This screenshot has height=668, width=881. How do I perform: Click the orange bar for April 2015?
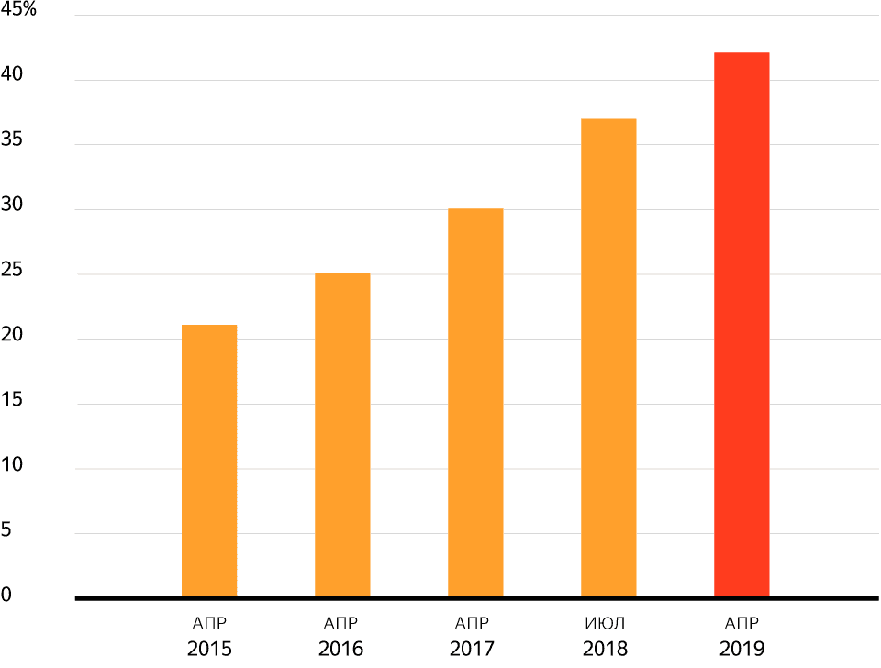pyautogui.click(x=209, y=461)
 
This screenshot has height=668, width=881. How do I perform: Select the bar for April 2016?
pyautogui.click(x=342, y=435)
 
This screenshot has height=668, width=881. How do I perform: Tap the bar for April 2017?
pyautogui.click(x=475, y=403)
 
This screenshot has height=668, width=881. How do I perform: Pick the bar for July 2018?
pyautogui.click(x=608, y=358)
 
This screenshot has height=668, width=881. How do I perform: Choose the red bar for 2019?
pyautogui.click(x=742, y=325)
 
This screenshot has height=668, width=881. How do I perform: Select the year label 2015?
pyautogui.click(x=209, y=650)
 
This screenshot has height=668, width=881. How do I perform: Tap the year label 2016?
pyautogui.click(x=341, y=650)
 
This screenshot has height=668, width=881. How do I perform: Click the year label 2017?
pyautogui.click(x=473, y=650)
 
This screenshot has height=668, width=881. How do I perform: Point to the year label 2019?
pyautogui.click(x=742, y=650)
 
